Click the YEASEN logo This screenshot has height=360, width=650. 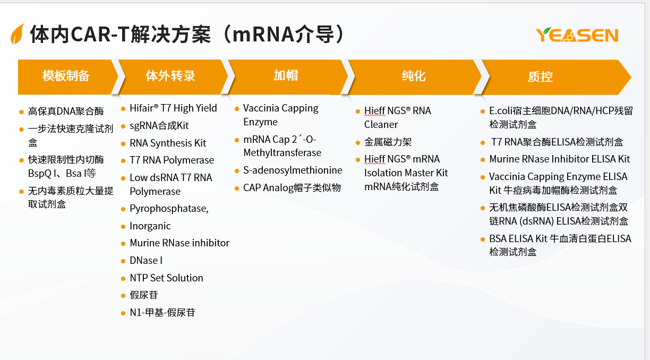577,35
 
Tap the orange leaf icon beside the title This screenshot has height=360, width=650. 17,34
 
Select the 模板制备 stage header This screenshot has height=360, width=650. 66,76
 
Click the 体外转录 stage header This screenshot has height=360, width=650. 170,76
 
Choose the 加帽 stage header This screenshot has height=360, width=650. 286,75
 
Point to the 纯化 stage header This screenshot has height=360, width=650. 414,76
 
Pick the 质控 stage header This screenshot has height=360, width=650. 540,77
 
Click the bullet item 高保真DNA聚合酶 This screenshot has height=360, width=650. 66,111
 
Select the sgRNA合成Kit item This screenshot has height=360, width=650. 159,126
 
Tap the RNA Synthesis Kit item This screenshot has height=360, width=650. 168,143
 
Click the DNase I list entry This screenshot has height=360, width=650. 146,261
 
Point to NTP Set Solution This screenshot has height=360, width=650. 166,278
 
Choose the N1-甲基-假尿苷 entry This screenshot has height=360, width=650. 162,312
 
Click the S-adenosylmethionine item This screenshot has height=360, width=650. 293,170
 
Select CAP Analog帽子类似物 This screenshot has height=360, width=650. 292,187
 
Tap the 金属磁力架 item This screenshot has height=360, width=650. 388,142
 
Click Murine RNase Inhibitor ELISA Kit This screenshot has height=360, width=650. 560,159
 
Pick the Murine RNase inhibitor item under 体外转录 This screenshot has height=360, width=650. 179,243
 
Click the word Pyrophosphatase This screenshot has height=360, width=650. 168,208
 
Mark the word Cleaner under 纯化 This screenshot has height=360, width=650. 381,124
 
